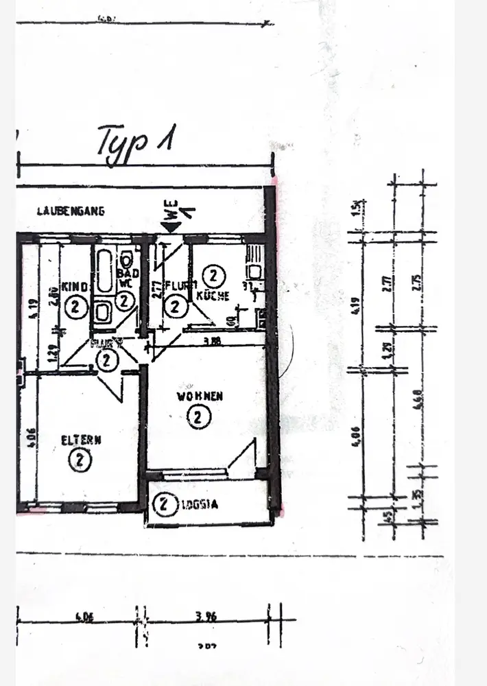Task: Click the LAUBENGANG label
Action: pos(71,212)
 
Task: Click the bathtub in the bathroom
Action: pos(105,272)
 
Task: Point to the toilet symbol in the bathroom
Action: pos(126,261)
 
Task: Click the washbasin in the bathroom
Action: pos(104,312)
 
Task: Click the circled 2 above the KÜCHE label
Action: pos(214,277)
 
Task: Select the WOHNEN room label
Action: pos(200,397)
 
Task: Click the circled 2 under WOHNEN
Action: pos(199,416)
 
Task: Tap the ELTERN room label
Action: pos(81,440)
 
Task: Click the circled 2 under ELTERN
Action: pos(80,460)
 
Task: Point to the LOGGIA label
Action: pos(200,506)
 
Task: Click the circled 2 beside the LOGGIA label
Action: pos(163,505)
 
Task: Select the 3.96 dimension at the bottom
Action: pos(205,617)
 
